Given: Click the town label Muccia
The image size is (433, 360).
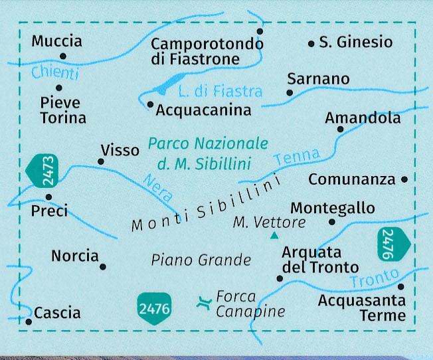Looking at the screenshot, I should coord(57,41).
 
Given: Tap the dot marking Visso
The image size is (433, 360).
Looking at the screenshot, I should coord(101,161).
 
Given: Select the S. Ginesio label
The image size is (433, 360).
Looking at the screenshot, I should coord(356,43).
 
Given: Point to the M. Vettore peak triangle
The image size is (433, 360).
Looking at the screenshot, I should coord(274,235).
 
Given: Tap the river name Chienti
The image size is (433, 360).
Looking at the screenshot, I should coord(55,73).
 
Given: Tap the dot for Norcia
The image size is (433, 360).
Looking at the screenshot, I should coord(103,267).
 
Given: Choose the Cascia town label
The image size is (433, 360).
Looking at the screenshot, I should coord(57,313).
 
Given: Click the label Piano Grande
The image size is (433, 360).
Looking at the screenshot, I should coord(201,260).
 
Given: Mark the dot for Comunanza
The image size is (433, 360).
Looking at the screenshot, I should coord(405,179).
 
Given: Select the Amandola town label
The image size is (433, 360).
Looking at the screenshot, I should coord(363,118).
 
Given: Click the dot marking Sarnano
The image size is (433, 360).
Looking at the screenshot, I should coord(289,92).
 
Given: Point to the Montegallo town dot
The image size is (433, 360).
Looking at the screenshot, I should coord(333,222).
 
